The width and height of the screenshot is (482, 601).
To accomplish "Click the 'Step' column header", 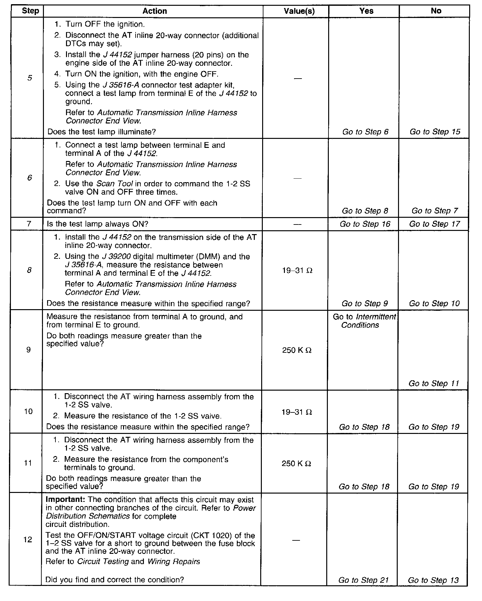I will pos(30,11).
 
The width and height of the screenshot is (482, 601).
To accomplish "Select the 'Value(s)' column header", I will pos(299,11).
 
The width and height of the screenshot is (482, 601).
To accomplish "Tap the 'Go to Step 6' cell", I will pos(365,132).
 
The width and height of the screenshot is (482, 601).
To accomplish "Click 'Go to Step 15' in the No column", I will pos(435,132).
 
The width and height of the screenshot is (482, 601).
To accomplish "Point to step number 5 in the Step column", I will pos(30,78).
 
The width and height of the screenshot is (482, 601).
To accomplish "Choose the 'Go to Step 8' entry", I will pos(365,211).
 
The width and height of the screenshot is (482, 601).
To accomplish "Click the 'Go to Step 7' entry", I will pos(435,211).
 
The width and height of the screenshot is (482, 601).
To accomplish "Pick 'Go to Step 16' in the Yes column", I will pos(365,224).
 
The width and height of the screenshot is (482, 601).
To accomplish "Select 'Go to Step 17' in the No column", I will pos(435,224).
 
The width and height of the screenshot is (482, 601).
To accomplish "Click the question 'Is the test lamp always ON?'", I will pos(97,224).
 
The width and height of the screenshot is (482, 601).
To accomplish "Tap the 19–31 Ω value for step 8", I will pos(297,270).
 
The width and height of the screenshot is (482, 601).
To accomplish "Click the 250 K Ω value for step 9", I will pos(297,350).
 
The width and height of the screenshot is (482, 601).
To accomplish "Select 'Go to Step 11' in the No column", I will pos(434,383).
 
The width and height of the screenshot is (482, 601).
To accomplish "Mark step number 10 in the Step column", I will pos(29,411).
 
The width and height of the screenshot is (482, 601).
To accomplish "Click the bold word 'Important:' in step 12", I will pos(65,500).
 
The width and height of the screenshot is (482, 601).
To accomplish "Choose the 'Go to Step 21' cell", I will pos(363,580).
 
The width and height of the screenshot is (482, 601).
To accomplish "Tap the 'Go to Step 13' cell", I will pos(433,580).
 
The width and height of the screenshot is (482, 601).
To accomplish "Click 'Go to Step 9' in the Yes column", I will pos(365,303).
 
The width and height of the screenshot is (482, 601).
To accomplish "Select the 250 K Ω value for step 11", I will pos(296,463).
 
